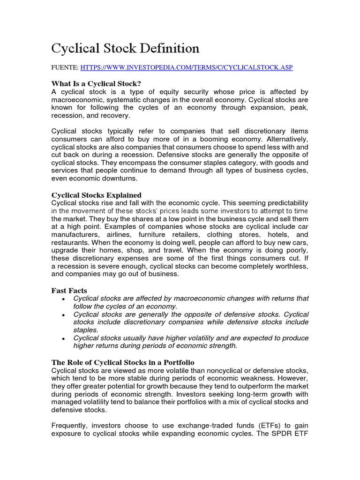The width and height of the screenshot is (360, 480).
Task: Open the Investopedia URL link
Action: coord(187,67)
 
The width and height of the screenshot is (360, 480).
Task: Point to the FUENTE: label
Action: coord(65,67)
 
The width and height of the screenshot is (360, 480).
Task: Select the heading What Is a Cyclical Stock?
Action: coord(96,83)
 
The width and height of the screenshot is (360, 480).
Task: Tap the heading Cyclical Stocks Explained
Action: coord(96,195)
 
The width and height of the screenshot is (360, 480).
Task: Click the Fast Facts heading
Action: coord(69,290)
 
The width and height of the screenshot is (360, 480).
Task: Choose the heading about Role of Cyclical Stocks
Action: coord(122,362)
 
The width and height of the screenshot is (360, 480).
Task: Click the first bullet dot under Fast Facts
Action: coord(63,299)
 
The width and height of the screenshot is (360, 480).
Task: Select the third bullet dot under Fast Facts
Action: coord(63,338)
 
